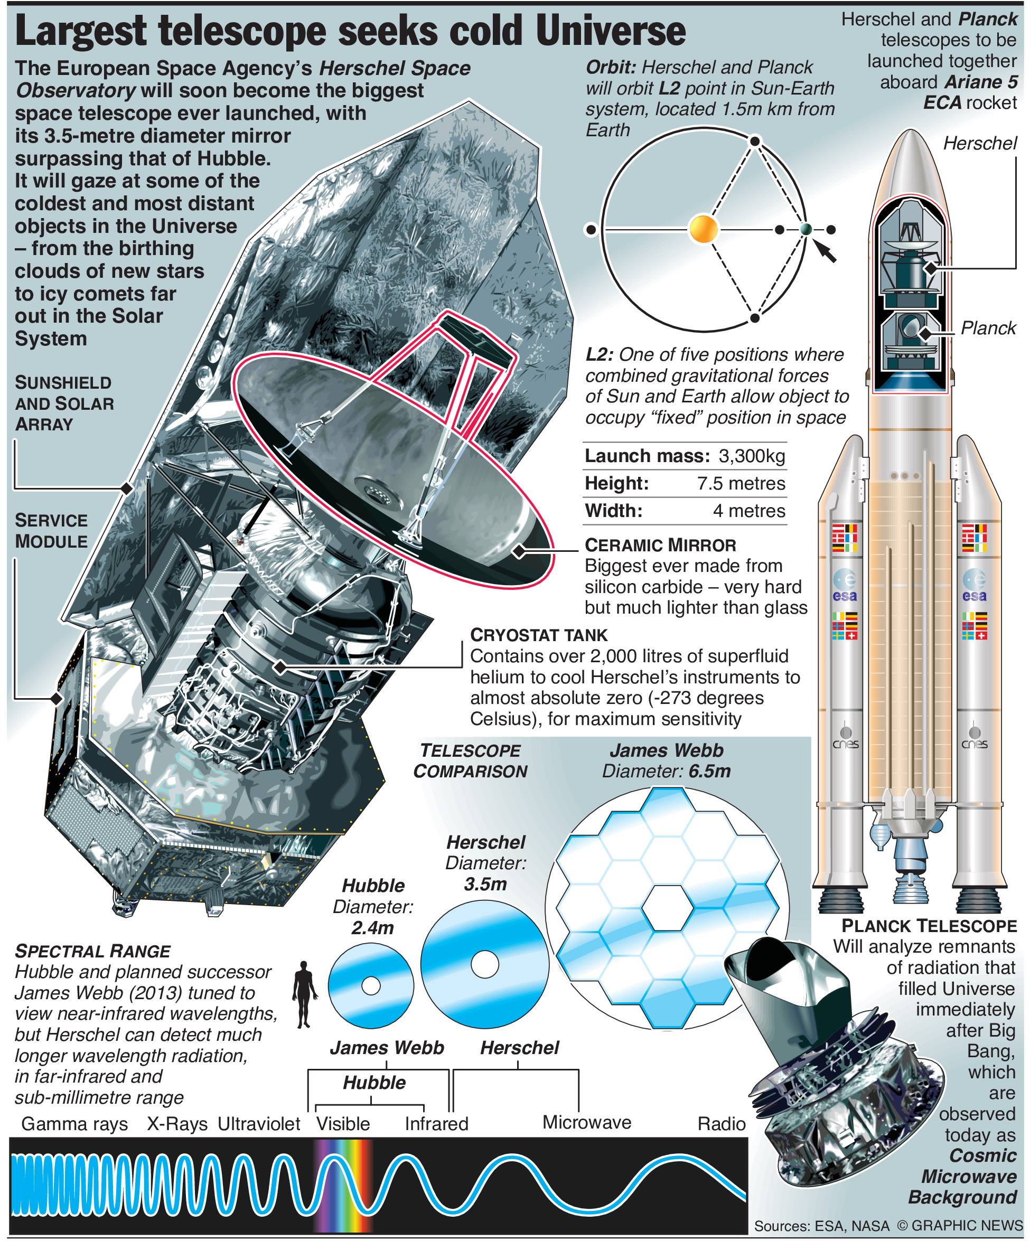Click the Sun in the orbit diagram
click(703, 229)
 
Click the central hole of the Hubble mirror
click(370, 986)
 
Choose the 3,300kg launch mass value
click(752, 456)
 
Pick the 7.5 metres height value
click(741, 483)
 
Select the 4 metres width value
click(748, 511)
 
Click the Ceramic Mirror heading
click(660, 545)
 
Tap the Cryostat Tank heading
click(538, 635)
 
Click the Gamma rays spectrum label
click(74, 1123)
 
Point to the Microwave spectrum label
click(586, 1122)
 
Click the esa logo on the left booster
click(845, 586)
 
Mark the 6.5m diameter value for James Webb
click(709, 771)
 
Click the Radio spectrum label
click(721, 1123)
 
